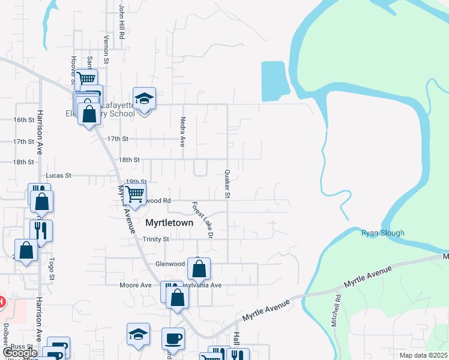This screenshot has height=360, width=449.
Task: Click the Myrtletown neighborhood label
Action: click(x=170, y=223)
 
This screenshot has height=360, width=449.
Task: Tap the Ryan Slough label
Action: click(x=382, y=233)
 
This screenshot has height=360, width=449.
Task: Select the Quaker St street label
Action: click(x=228, y=182)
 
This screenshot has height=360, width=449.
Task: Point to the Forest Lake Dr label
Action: click(x=203, y=219)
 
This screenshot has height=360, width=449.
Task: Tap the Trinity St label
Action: click(x=156, y=239)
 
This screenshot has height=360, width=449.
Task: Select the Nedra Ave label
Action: click(x=183, y=131)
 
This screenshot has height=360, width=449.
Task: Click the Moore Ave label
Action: click(x=135, y=285)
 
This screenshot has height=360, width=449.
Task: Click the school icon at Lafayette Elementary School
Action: click(x=143, y=98)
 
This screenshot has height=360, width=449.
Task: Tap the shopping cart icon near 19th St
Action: click(x=135, y=193)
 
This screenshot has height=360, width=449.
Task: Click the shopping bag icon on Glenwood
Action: click(x=199, y=268)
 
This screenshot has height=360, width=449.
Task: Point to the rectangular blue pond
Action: click(x=275, y=80)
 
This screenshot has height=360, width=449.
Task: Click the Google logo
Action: click(x=20, y=353)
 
